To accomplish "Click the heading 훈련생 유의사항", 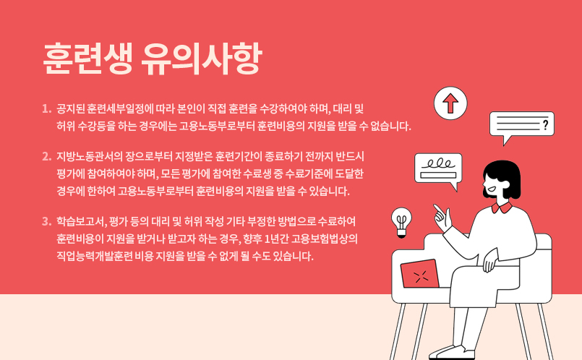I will pyautogui.click(x=152, y=59).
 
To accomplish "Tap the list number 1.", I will pyautogui.click(x=46, y=110).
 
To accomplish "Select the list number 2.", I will pyautogui.click(x=46, y=156).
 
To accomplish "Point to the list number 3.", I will pyautogui.click(x=46, y=221).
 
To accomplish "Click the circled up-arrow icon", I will pyautogui.click(x=450, y=103).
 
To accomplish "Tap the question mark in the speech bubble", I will pyautogui.click(x=545, y=125).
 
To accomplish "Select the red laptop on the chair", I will pyautogui.click(x=420, y=273).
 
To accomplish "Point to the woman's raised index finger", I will pyautogui.click(x=436, y=209).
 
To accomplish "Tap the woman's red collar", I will pyautogui.click(x=502, y=207).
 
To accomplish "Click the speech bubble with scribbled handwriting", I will pyautogui.click(x=437, y=168).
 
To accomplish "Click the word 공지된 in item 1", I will pyautogui.click(x=70, y=110).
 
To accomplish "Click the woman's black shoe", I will pyautogui.click(x=453, y=352).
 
